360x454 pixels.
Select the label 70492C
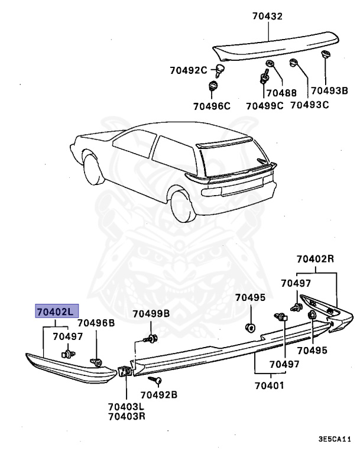tap(187, 70)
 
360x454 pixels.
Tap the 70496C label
tap(210, 106)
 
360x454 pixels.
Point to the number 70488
tap(281, 92)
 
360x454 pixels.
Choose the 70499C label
tap(264, 106)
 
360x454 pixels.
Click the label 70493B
tap(329, 90)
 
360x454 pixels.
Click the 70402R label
tap(316, 258)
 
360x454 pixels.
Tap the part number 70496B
tap(96, 323)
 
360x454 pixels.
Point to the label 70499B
tap(151, 313)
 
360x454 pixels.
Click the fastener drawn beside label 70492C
tap(220, 72)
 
